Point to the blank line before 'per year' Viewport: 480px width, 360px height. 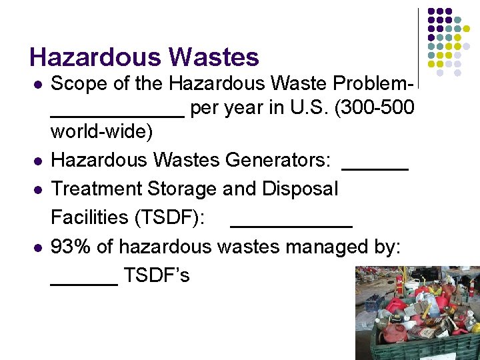(x=117, y=113)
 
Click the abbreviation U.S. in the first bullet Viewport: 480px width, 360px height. (x=305, y=107)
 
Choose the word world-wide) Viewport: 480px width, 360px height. (x=102, y=131)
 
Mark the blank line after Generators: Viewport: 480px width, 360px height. (x=375, y=167)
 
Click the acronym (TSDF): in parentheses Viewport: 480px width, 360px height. (x=171, y=217)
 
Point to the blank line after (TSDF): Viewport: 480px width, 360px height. (x=291, y=224)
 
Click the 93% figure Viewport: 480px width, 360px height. (x=71, y=247)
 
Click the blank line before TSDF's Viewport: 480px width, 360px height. (x=85, y=282)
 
